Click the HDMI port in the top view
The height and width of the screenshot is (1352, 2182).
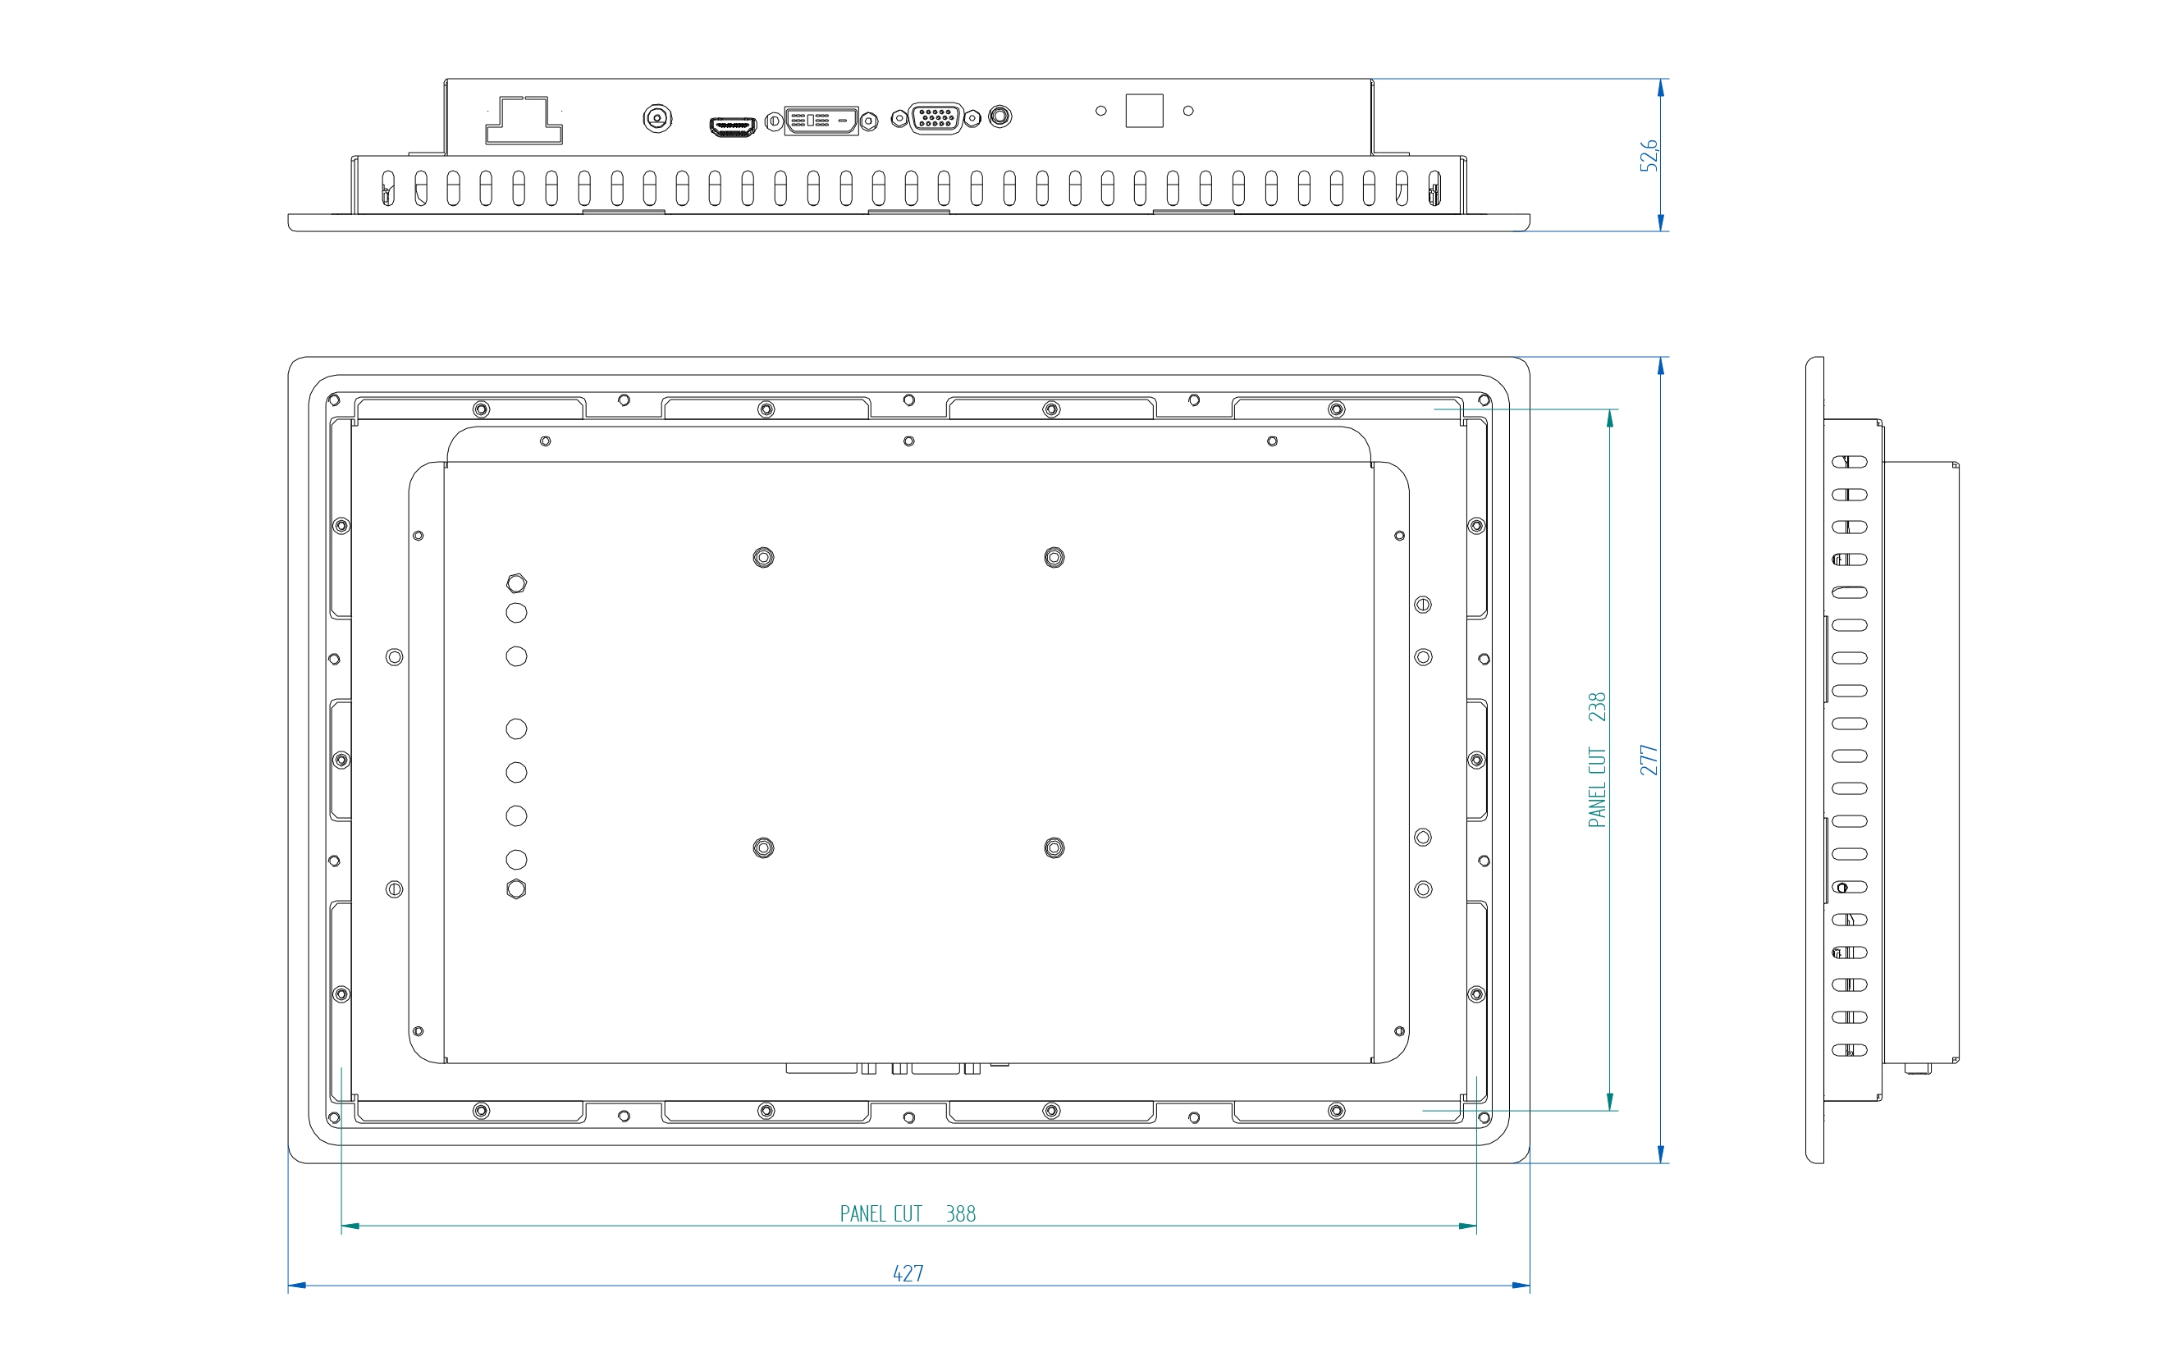pos(733,127)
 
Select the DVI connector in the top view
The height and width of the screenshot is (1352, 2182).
pos(821,121)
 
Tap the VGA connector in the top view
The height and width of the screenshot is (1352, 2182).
pos(935,118)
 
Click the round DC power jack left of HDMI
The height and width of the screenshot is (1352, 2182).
pos(657,118)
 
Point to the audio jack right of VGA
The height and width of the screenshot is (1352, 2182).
pos(1000,116)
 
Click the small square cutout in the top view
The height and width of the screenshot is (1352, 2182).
pos(1144,111)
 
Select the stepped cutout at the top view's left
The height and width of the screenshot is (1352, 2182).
pos(524,120)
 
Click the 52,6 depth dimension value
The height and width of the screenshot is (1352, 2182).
pos(1648,155)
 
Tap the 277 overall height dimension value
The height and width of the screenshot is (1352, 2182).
pos(1648,760)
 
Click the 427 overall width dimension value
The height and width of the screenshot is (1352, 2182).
pos(908,1273)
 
